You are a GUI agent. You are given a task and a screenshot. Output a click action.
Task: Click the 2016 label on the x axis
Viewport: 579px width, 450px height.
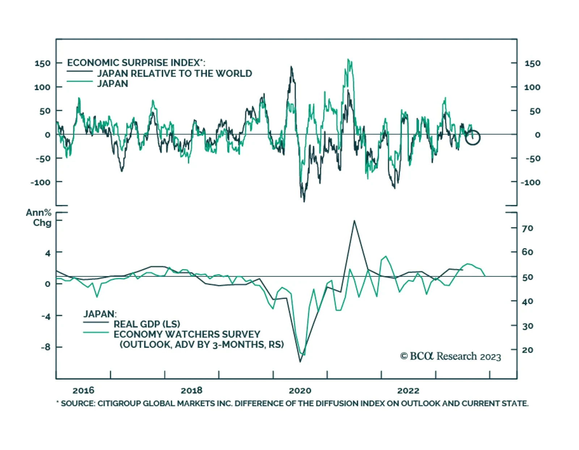[83, 390]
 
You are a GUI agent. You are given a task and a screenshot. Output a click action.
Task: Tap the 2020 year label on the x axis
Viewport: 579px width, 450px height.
[300, 390]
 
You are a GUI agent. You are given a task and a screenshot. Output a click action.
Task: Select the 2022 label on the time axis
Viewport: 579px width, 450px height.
[408, 390]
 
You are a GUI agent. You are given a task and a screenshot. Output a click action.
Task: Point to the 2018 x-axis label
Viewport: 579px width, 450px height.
[191, 390]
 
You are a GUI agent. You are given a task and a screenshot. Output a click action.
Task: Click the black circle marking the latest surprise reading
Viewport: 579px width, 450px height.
[473, 137]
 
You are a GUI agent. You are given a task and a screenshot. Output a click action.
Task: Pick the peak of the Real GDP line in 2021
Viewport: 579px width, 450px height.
[354, 221]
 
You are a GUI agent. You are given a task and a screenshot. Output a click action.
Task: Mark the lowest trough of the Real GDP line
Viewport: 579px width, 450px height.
[300, 361]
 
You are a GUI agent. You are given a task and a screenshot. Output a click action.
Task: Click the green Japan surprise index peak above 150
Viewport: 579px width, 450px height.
[348, 59]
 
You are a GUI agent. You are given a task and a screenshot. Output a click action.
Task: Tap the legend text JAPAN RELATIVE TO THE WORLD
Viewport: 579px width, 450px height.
[174, 73]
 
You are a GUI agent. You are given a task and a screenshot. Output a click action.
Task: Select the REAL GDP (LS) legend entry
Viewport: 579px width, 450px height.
[147, 324]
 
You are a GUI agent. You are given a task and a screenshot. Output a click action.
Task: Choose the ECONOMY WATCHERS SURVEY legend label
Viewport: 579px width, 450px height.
[187, 334]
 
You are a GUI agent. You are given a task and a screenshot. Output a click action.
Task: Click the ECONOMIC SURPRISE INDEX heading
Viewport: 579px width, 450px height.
[136, 63]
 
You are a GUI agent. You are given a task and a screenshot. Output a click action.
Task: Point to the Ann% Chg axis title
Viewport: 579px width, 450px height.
[39, 217]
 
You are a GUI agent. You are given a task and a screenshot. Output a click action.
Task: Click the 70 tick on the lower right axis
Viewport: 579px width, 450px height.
[527, 228]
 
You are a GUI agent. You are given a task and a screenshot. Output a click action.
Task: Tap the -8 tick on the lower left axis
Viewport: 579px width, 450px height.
[46, 347]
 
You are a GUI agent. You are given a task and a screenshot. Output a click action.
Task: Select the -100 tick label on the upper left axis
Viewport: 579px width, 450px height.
[41, 182]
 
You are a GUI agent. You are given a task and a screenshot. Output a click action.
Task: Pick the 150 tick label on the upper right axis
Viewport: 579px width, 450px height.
[532, 63]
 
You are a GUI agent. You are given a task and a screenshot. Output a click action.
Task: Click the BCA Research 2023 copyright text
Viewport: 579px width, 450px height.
[451, 356]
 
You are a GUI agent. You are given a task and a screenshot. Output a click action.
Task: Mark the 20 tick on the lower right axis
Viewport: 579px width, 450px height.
[527, 350]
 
